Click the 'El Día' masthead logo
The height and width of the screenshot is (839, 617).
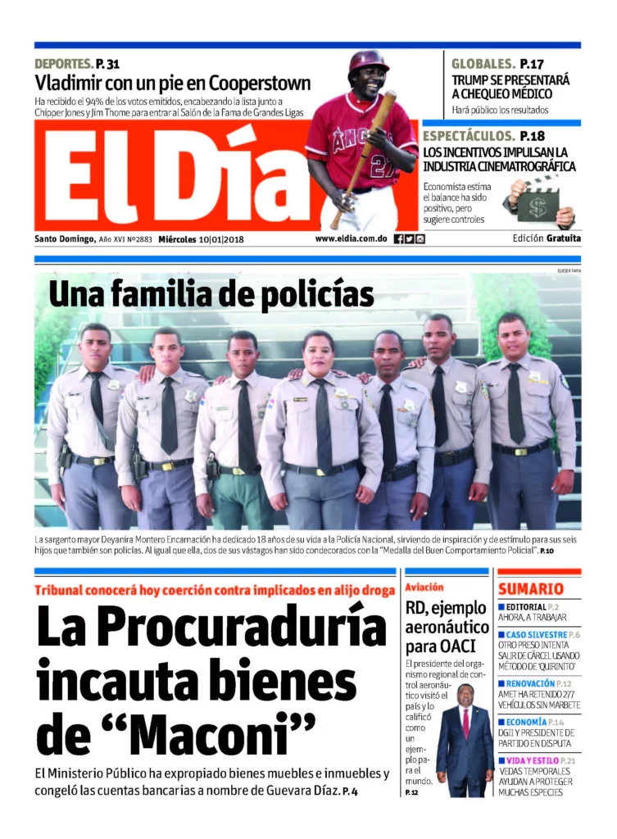click(172, 176)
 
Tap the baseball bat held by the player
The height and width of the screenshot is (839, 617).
click(365, 156)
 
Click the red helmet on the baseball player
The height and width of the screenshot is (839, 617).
click(368, 61)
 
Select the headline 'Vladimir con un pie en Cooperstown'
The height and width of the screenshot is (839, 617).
click(172, 83)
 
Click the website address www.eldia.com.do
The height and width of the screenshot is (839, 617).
click(351, 239)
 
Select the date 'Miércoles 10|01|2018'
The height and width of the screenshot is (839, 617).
click(202, 239)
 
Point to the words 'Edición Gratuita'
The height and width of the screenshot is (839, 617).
click(547, 238)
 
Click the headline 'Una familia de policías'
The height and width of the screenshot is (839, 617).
click(211, 294)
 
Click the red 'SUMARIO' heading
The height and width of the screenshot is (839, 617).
click(530, 588)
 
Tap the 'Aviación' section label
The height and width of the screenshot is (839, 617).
click(424, 587)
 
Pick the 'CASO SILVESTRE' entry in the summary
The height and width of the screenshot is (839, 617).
click(537, 635)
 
